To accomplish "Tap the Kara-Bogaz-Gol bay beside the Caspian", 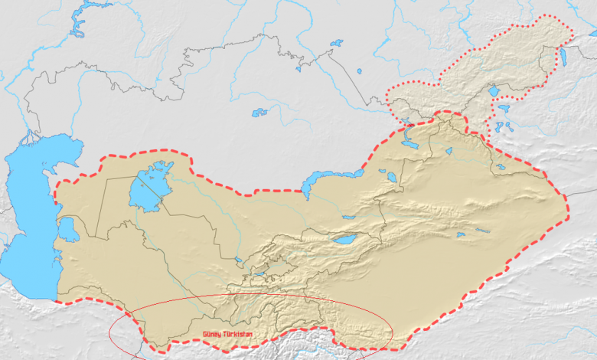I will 67,228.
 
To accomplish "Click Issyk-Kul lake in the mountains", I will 344,239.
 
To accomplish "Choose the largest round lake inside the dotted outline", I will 494,91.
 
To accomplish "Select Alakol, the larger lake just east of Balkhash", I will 391,177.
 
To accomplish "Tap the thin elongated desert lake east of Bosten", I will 483,230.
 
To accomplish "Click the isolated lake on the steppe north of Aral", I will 260,113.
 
